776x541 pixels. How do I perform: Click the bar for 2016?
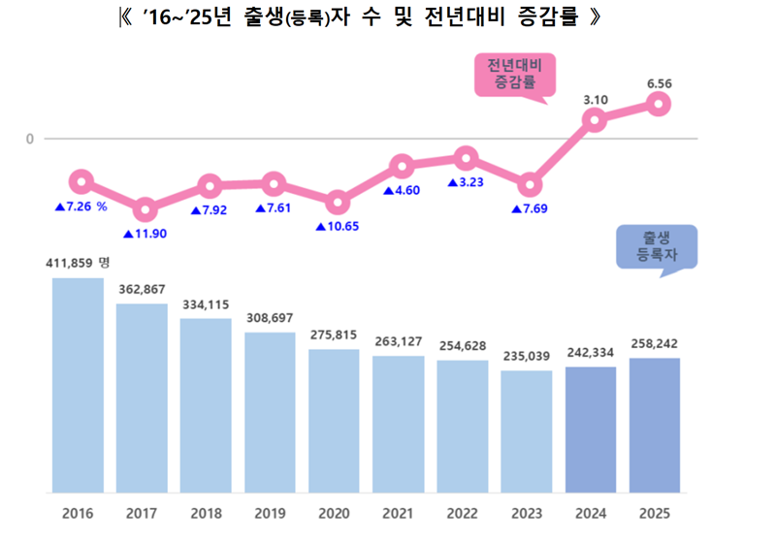pos(78,384)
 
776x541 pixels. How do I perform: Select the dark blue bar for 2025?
pos(655,425)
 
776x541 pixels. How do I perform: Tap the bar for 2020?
pos(335,420)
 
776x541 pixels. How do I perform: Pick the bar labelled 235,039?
pos(527,430)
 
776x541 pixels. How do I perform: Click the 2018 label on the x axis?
pos(206,511)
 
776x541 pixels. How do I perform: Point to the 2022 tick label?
pos(463,511)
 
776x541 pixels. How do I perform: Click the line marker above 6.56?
pos(658,104)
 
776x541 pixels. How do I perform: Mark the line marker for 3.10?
pos(595,120)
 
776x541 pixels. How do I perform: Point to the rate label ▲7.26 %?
pos(80,207)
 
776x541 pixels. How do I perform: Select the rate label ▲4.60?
pos(402,191)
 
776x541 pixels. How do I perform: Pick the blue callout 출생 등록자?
pos(657,247)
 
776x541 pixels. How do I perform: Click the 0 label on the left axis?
pos(31,139)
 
